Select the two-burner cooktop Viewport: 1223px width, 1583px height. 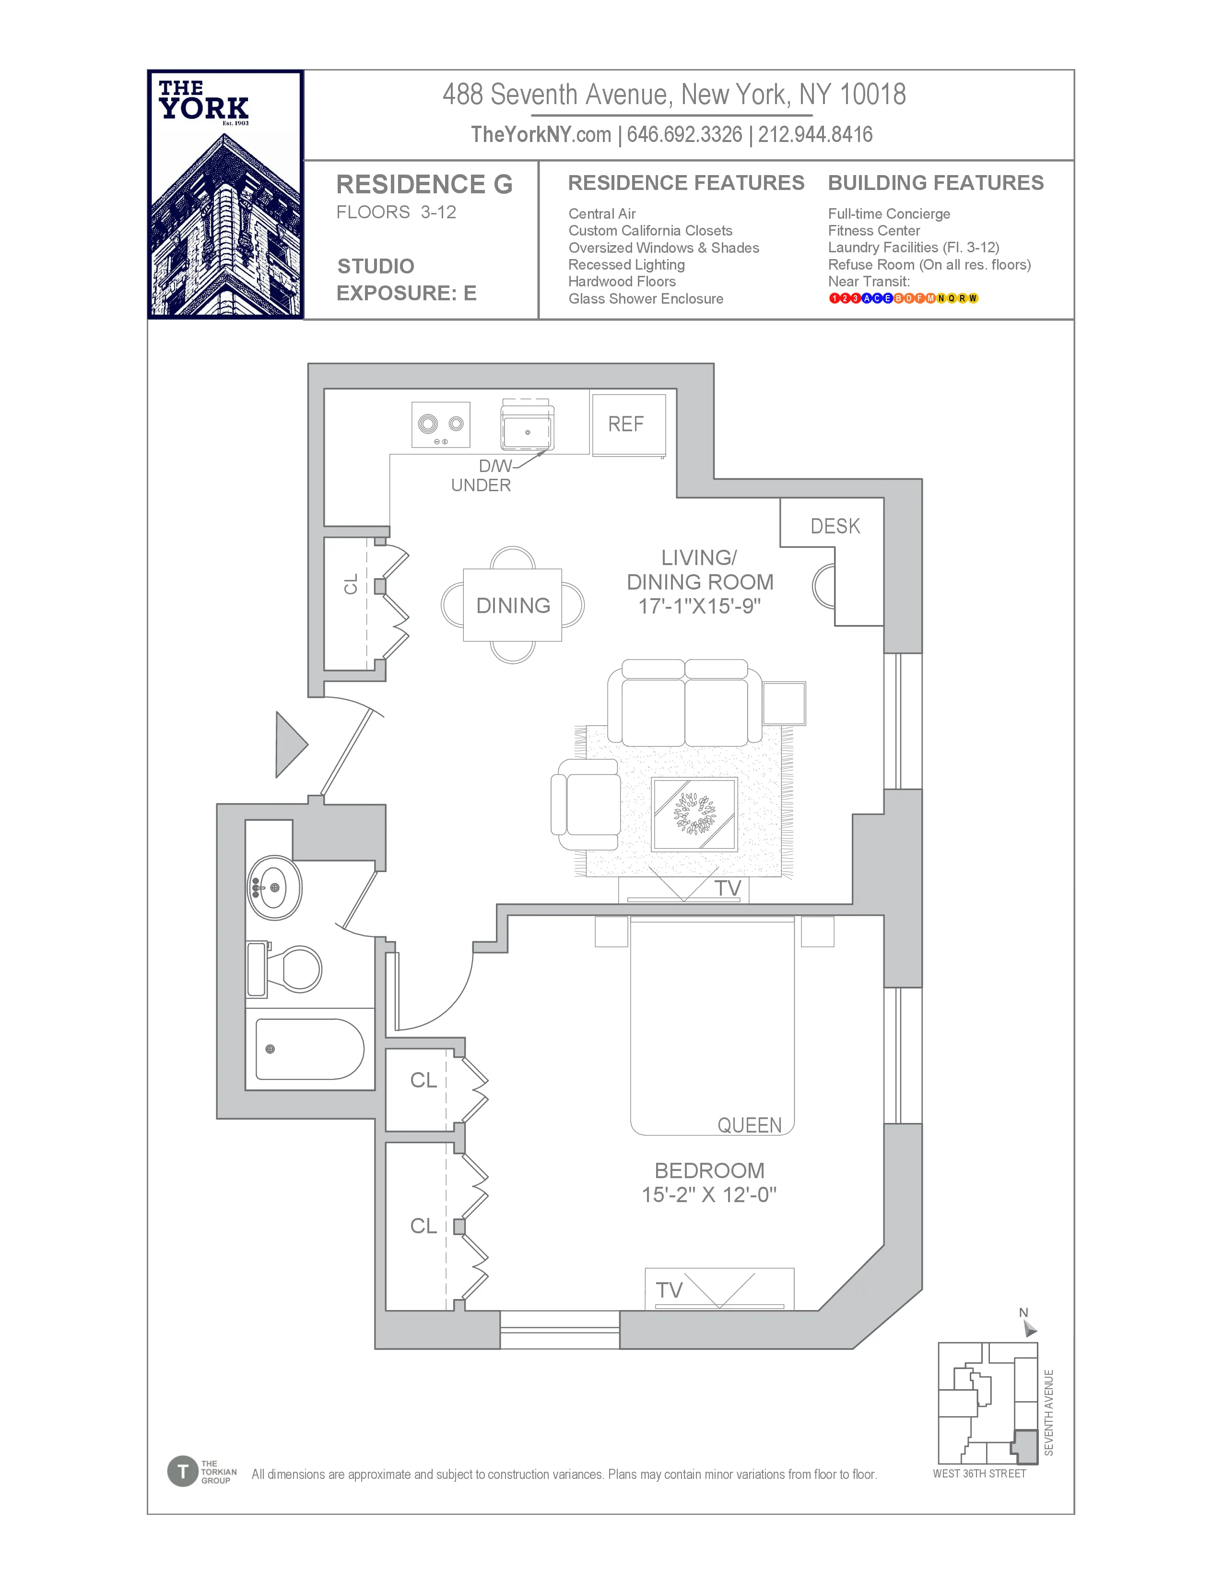point(440,425)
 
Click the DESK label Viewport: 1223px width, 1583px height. point(835,526)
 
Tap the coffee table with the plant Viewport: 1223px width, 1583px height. point(694,814)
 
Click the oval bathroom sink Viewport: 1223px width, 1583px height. point(275,887)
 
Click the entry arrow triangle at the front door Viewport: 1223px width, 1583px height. point(290,744)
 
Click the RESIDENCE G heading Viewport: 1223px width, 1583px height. point(424,185)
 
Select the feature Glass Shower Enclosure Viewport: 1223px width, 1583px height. point(646,299)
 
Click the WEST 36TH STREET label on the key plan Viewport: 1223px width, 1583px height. point(979,1474)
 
